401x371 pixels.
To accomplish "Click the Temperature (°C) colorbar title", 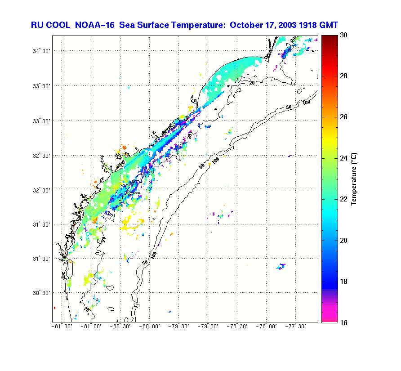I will tap(354, 179).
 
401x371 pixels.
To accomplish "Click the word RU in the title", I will tap(37, 25).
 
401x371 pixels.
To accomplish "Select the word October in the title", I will tap(245, 25).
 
